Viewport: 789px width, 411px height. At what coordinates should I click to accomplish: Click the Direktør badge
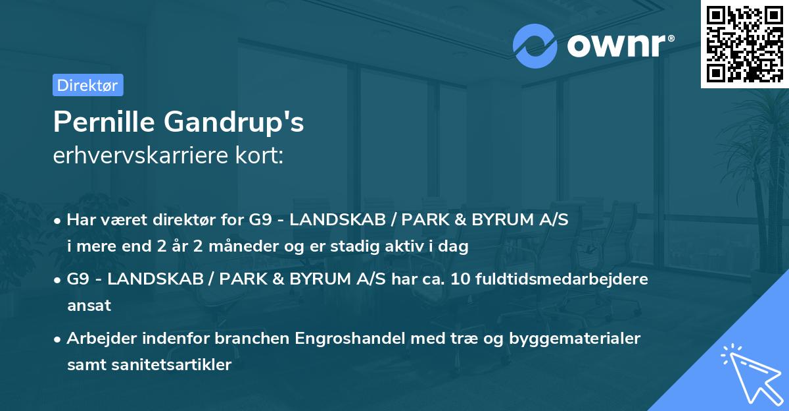click(x=87, y=85)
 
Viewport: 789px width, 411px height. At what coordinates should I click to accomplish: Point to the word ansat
click(x=89, y=306)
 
